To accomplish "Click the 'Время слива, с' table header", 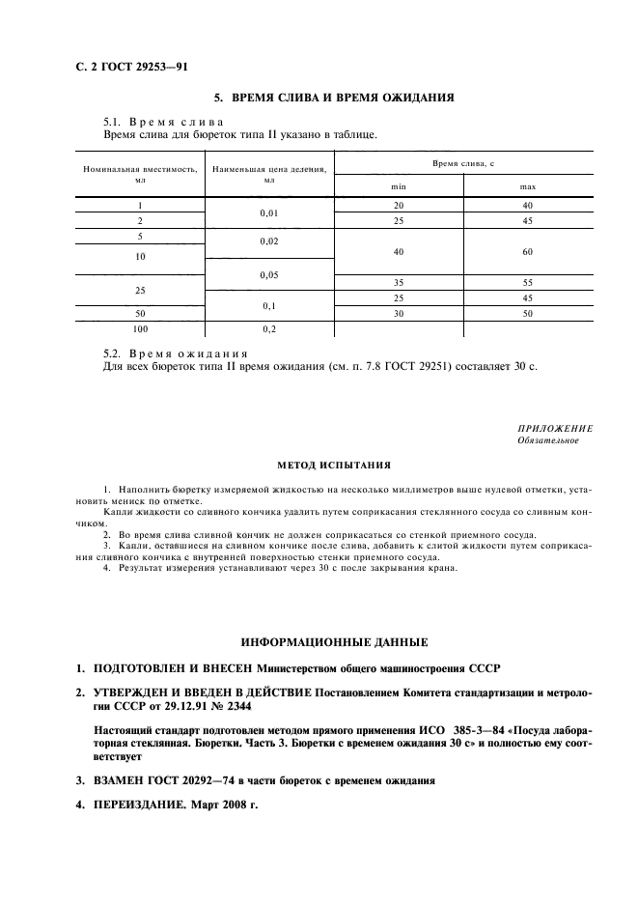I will pyautogui.click(x=463, y=165).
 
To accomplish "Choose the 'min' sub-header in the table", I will pyautogui.click(x=399, y=186).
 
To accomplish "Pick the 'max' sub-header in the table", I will pyautogui.click(x=528, y=186).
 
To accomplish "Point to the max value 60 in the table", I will pyautogui.click(x=528, y=252).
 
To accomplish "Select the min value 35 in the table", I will pyautogui.click(x=399, y=283).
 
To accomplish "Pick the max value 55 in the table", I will pyautogui.click(x=528, y=283).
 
